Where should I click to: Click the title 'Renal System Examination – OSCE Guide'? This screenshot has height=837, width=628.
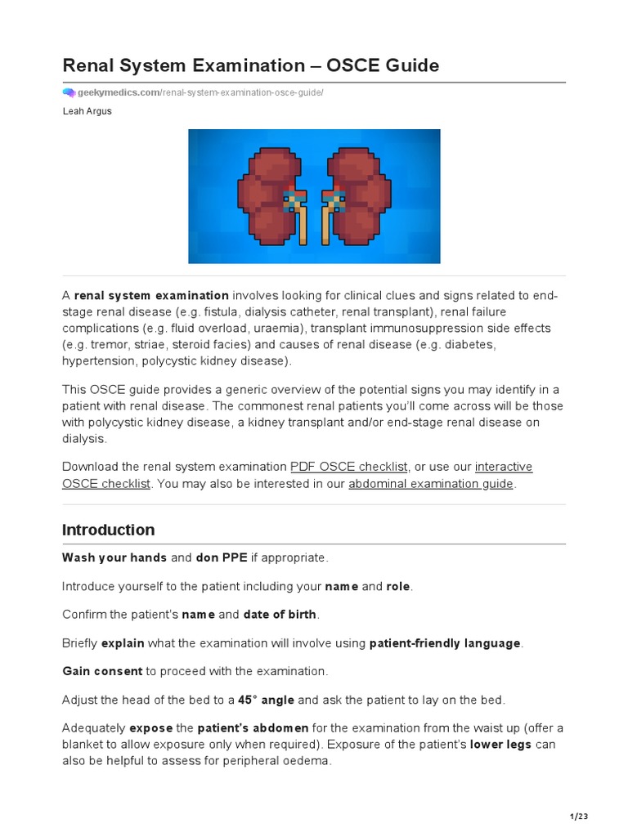pos(250,66)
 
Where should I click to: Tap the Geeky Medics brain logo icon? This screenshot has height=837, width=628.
pos(69,93)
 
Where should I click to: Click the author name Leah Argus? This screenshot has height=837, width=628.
pos(87,111)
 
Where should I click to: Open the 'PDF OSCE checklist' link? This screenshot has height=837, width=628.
pos(348,467)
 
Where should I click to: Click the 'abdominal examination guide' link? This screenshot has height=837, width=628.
pos(431,484)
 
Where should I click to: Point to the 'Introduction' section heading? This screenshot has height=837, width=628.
pos(108,530)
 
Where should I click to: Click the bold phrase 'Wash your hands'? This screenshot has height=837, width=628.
pos(114,558)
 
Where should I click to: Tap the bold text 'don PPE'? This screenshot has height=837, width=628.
pos(222,558)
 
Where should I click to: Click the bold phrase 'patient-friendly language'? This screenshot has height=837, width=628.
pos(445,643)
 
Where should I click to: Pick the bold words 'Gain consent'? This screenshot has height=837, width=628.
pos(102,671)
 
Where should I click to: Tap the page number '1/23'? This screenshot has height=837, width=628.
pos(580,816)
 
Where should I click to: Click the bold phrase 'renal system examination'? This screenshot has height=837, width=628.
pos(151,295)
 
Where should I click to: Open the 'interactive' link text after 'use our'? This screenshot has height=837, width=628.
pos(504,467)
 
